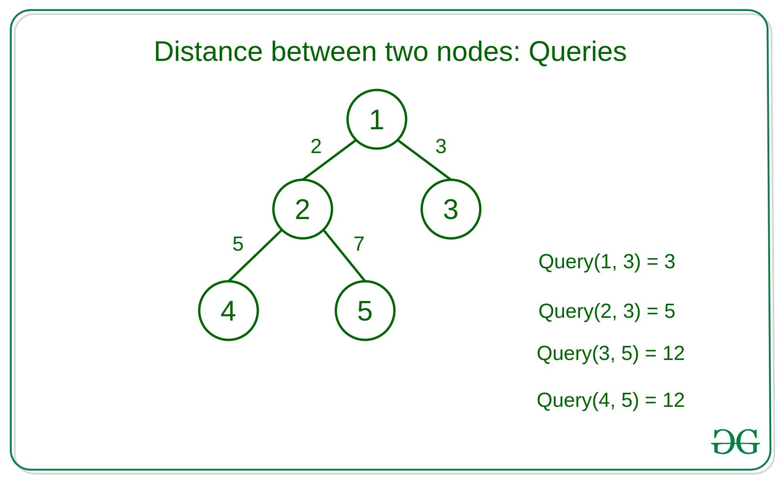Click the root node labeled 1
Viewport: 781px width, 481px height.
[377, 119]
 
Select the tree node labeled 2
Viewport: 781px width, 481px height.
[302, 209]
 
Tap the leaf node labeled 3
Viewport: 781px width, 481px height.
[451, 209]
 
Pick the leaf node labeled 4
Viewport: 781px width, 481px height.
[228, 310]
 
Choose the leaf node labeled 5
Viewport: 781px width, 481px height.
[365, 310]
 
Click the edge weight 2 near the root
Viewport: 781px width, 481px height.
[316, 146]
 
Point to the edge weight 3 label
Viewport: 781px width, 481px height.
[441, 146]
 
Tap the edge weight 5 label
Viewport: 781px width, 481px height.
[238, 244]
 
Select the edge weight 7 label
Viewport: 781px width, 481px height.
[359, 244]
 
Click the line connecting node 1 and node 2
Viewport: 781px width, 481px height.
[329, 160]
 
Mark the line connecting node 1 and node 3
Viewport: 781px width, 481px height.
[424, 160]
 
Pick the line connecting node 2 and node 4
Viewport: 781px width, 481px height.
[255, 256]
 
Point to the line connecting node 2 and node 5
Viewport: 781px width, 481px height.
[344, 256]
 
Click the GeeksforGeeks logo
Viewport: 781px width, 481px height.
[735, 442]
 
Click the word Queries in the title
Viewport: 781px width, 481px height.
[578, 52]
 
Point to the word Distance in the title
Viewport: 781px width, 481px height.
[208, 52]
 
